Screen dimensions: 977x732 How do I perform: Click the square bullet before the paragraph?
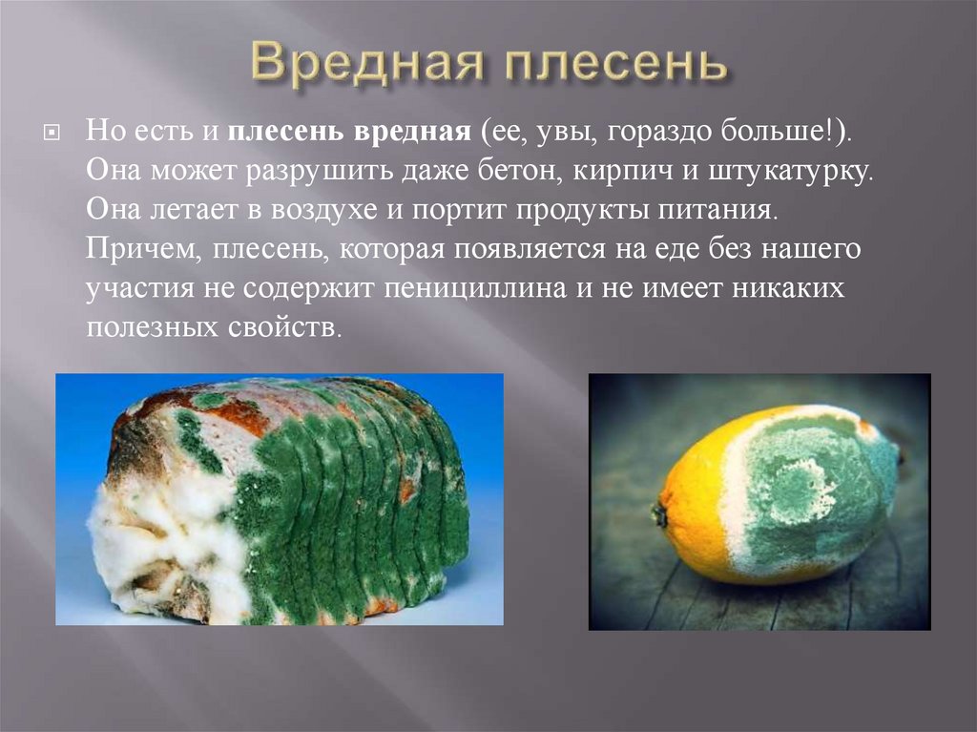pyautogui.click(x=52, y=133)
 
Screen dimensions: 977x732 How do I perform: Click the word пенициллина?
pyautogui.click(x=475, y=288)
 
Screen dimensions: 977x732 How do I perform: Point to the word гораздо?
pyautogui.click(x=659, y=133)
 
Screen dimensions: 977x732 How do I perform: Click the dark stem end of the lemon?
pyautogui.click(x=659, y=515)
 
